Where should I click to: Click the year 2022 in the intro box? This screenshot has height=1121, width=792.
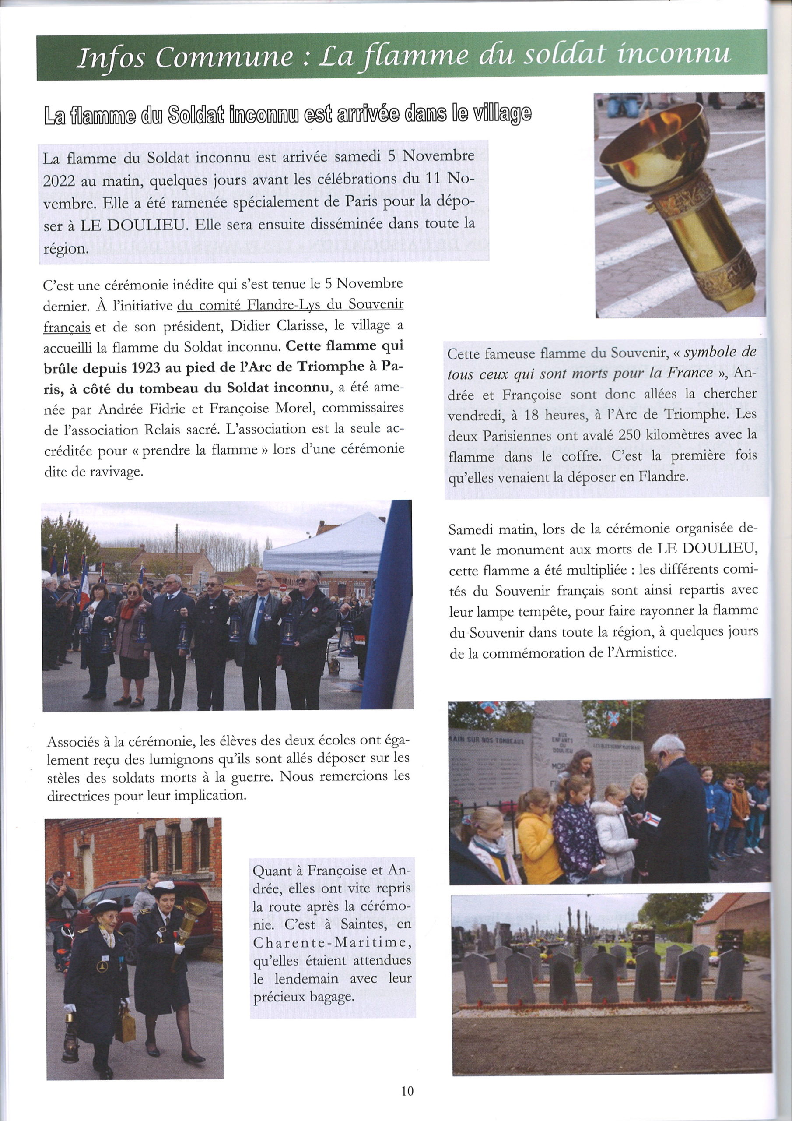tap(59, 180)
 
